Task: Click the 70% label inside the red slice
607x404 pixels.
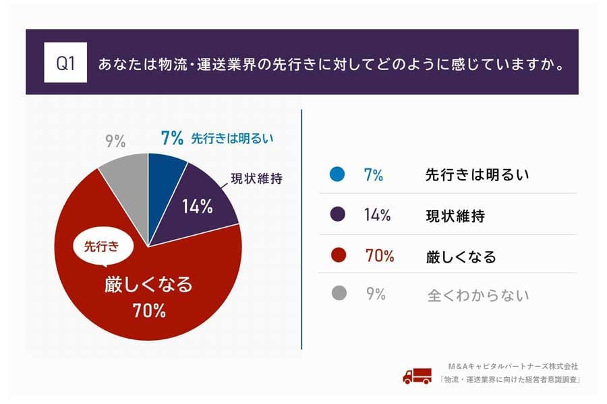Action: pyautogui.click(x=148, y=311)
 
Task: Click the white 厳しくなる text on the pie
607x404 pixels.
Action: pyautogui.click(x=148, y=284)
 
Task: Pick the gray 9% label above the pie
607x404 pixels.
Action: pyautogui.click(x=115, y=141)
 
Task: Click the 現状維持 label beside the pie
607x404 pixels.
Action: pyautogui.click(x=259, y=179)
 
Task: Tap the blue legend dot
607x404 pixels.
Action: pyautogui.click(x=339, y=175)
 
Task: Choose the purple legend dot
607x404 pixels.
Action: pyautogui.click(x=339, y=215)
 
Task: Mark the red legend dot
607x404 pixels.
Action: pyautogui.click(x=339, y=256)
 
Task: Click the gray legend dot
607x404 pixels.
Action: pyautogui.click(x=339, y=294)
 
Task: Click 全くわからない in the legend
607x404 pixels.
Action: pyautogui.click(x=478, y=295)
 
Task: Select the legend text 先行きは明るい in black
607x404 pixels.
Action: pyautogui.click(x=477, y=175)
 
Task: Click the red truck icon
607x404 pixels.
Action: pyautogui.click(x=417, y=376)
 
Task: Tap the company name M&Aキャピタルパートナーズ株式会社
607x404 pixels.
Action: pyautogui.click(x=513, y=366)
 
